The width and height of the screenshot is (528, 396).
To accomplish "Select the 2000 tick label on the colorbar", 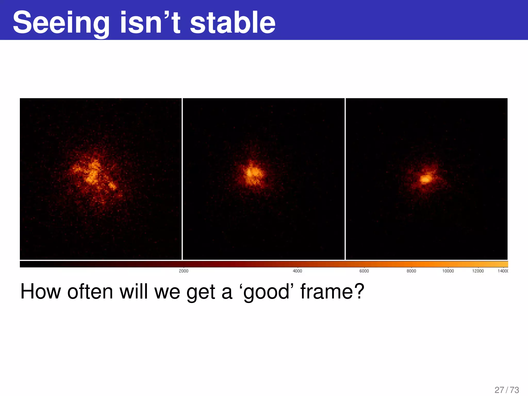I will click(x=184, y=271).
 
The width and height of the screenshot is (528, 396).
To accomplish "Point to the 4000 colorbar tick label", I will click(x=297, y=271).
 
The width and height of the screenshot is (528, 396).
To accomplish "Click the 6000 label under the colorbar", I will click(x=364, y=271).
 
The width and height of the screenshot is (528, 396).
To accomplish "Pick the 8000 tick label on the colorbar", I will click(x=411, y=271).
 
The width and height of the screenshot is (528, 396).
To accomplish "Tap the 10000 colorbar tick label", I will click(x=448, y=271).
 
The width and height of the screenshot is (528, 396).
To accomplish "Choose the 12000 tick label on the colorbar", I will click(x=478, y=271).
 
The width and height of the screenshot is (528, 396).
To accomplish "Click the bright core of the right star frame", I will click(x=426, y=179).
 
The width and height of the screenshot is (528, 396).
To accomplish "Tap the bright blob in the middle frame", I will click(x=252, y=173).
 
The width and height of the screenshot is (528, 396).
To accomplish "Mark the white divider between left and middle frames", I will click(x=182, y=179).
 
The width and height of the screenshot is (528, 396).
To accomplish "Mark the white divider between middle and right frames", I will click(x=345, y=179).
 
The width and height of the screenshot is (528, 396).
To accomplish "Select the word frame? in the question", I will click(x=332, y=291).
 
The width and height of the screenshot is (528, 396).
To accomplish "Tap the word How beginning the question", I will click(x=41, y=291).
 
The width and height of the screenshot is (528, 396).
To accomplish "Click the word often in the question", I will click(x=90, y=291).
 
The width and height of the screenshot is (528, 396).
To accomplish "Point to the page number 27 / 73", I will click(x=507, y=390).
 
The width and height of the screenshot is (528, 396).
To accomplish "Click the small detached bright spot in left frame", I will click(x=112, y=185).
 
